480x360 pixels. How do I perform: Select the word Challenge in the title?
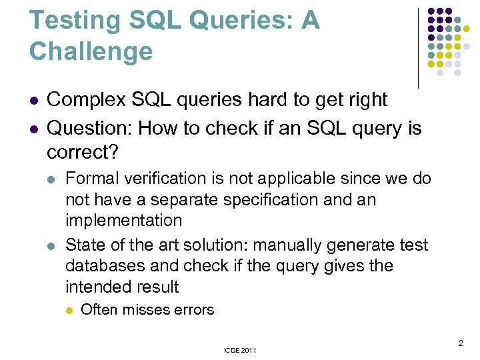91,51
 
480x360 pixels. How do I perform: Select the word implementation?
123,220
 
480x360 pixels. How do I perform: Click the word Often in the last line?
97,309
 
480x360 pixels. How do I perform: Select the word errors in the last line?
196,309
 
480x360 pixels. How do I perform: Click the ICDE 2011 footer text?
240,350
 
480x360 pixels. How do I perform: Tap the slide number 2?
460,344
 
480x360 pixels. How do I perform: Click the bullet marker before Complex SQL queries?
34,101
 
